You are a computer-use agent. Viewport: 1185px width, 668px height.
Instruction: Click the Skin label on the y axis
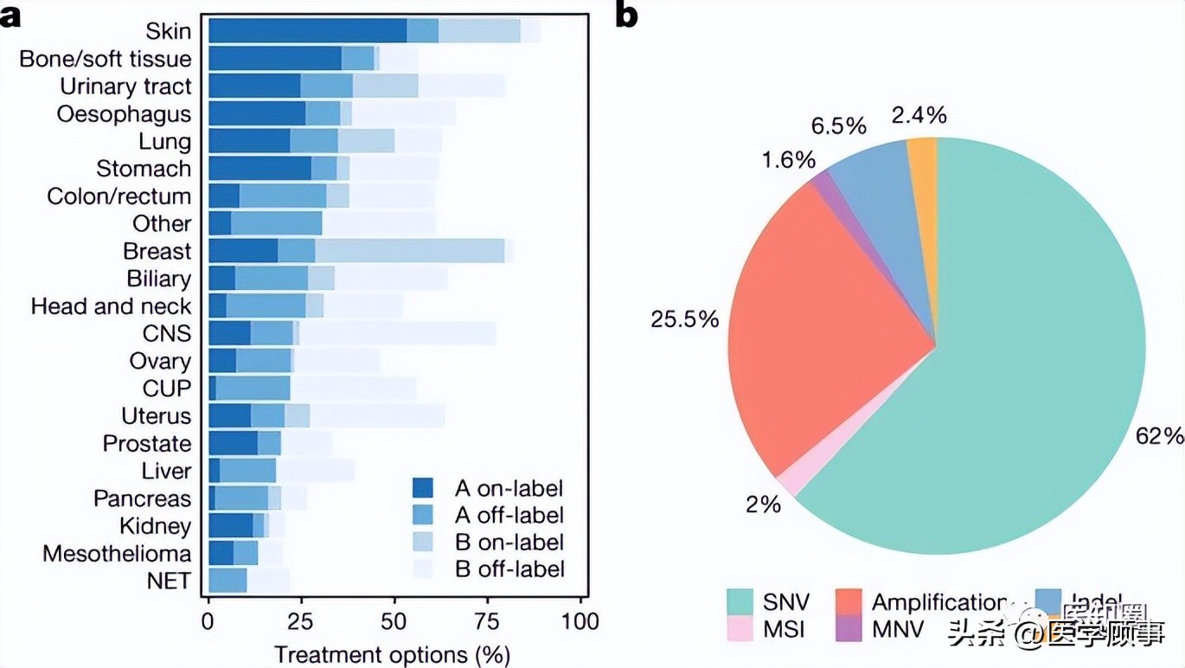[x=169, y=31]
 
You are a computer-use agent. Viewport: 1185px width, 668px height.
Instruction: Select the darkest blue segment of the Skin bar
[x=307, y=30]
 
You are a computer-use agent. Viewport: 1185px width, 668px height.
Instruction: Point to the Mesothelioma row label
[x=117, y=554]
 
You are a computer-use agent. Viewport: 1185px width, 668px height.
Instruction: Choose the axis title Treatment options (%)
[x=391, y=652]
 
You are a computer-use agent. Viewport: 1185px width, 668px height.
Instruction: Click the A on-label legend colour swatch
[x=424, y=488]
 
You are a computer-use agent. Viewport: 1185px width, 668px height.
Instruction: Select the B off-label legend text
[x=509, y=568]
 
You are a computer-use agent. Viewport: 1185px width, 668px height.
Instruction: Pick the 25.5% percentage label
[x=684, y=319]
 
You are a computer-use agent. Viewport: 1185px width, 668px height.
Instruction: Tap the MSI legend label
[x=785, y=629]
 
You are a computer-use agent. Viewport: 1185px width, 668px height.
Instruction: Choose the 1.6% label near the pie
[x=789, y=160]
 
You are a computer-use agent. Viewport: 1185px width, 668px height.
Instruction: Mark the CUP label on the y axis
[x=167, y=389]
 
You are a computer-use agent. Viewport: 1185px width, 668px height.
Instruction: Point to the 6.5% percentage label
[x=838, y=126]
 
